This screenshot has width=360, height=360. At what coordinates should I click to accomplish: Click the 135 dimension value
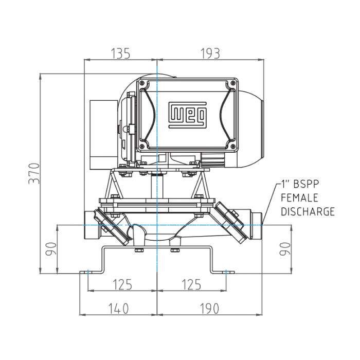pyautogui.click(x=120, y=53)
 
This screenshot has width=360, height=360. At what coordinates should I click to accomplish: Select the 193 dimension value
pyautogui.click(x=210, y=53)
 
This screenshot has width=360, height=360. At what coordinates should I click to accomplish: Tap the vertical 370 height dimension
pyautogui.click(x=33, y=173)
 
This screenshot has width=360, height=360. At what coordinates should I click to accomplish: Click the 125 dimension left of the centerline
pyautogui.click(x=121, y=284)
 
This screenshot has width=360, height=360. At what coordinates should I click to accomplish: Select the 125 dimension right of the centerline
pyautogui.click(x=190, y=284)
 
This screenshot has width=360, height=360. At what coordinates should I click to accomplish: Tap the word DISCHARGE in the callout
pyautogui.click(x=308, y=211)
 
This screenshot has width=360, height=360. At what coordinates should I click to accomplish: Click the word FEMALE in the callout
pyautogui.click(x=300, y=197)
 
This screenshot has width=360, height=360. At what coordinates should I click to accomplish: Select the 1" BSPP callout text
pyautogui.click(x=303, y=184)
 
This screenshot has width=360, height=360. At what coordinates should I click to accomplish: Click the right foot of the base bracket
pyautogui.click(x=224, y=271)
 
